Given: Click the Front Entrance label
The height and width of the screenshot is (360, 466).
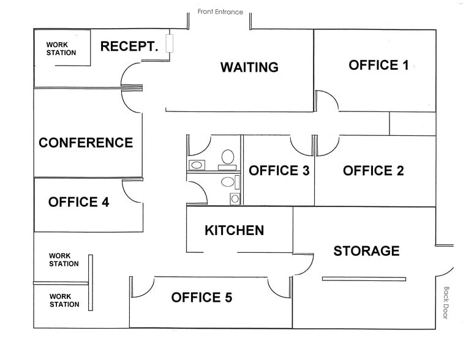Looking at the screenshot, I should point(220,12).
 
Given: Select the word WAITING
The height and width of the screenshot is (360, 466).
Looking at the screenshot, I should point(249,67).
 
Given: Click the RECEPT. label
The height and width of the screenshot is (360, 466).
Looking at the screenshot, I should point(129,46).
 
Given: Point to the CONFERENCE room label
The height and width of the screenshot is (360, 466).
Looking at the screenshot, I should point(86,143).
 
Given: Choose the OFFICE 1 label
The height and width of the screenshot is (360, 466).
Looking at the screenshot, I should point(378,65).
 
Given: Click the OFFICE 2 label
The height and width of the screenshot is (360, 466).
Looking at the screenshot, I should point(373,171).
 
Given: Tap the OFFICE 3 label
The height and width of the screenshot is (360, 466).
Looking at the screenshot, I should point(279,171).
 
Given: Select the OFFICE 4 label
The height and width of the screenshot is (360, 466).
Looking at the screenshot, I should point(78,202).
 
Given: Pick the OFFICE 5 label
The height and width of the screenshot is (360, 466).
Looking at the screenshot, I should point(201,298).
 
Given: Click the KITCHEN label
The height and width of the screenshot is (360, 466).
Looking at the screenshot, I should point(234,230).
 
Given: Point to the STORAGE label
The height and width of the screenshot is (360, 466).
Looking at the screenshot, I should point(366,250).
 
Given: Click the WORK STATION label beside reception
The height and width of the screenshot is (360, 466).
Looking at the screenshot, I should point(61,48).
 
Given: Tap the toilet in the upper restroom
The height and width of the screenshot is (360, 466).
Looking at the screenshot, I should point(228,157).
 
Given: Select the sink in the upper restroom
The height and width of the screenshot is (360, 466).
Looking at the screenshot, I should point(197,165).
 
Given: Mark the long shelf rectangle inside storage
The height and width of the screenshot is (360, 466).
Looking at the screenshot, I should point(364,279).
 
